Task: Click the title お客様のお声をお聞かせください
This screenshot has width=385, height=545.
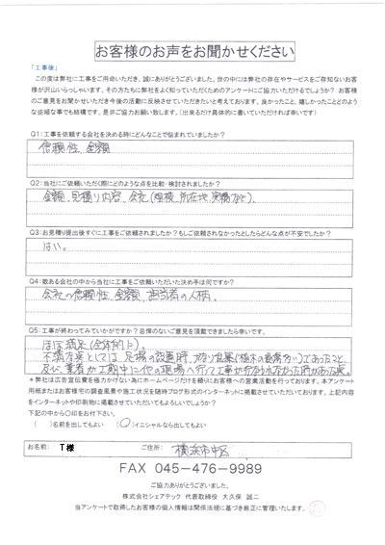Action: point(192,49)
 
